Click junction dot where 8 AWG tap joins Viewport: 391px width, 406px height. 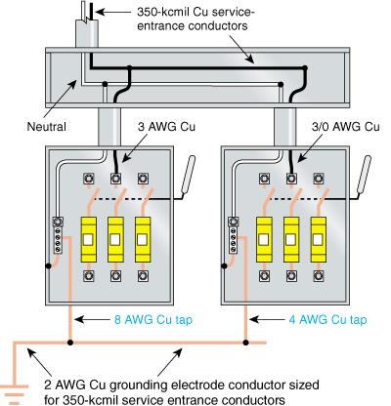[70, 344]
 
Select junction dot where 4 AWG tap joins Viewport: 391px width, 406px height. [247, 344]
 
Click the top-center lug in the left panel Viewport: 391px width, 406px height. [116, 180]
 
